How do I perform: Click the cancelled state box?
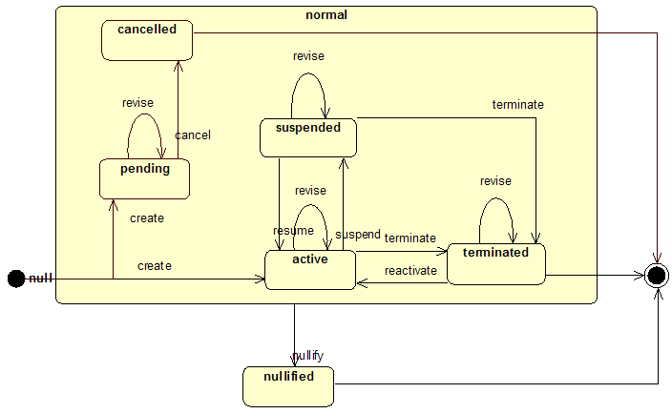pyautogui.click(x=147, y=40)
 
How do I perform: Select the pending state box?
pyautogui.click(x=144, y=178)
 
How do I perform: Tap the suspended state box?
pyautogui.click(x=307, y=136)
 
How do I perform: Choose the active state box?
pyautogui.click(x=309, y=269)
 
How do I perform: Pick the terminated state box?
pyautogui.click(x=495, y=263)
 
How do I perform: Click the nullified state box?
pyautogui.click(x=288, y=385)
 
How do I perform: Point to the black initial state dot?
pyautogui.click(x=15, y=279)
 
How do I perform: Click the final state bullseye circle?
pyautogui.click(x=657, y=277)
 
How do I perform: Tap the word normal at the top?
pyautogui.click(x=326, y=14)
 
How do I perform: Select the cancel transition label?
pyautogui.click(x=193, y=135)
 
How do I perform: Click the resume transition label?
pyautogui.click(x=293, y=231)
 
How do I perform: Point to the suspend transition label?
pyautogui.click(x=359, y=235)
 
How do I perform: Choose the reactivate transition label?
pyautogui.click(x=410, y=271)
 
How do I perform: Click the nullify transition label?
pyautogui.click(x=307, y=356)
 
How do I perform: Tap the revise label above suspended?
pyautogui.click(x=308, y=56)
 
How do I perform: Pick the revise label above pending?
pyautogui.click(x=137, y=103)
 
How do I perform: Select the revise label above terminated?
pyautogui.click(x=495, y=181)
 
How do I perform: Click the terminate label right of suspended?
pyautogui.click(x=517, y=104)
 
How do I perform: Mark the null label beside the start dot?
pyautogui.click(x=40, y=279)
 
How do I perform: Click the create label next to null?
pyautogui.click(x=154, y=265)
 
